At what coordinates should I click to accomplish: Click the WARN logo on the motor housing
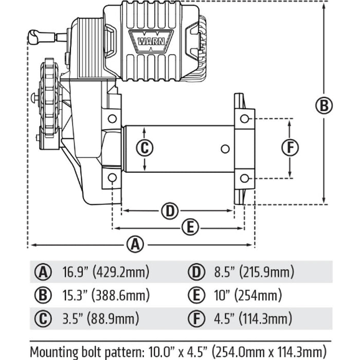click(151, 40)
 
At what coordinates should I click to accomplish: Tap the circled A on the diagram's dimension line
click(135, 244)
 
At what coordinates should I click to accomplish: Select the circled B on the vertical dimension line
click(323, 105)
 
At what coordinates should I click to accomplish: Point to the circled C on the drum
click(145, 148)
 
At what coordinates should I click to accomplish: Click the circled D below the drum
click(169, 210)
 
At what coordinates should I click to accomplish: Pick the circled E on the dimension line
click(190, 227)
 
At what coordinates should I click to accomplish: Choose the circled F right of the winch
click(291, 148)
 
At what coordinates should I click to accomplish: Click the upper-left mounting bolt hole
click(112, 119)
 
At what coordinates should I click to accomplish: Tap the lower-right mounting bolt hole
click(244, 178)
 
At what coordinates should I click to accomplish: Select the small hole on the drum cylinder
click(224, 149)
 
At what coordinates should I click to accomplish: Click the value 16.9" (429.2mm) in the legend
click(105, 272)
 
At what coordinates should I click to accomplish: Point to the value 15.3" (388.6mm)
click(106, 295)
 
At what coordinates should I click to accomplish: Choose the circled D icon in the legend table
click(195, 272)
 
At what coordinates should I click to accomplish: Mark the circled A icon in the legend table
click(43, 272)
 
